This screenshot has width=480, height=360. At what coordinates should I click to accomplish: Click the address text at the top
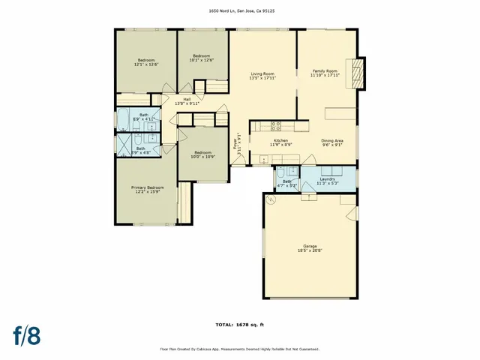pos(240,11)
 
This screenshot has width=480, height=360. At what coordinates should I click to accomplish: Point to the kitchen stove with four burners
pos(275,126)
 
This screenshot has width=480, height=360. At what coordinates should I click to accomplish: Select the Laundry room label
pos(327,179)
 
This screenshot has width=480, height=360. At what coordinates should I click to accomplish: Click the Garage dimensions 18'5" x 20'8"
pos(310,250)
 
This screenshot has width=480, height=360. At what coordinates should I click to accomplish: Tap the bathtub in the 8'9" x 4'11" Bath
pos(124,121)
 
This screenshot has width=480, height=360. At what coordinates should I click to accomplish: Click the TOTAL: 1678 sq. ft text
pos(239,325)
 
